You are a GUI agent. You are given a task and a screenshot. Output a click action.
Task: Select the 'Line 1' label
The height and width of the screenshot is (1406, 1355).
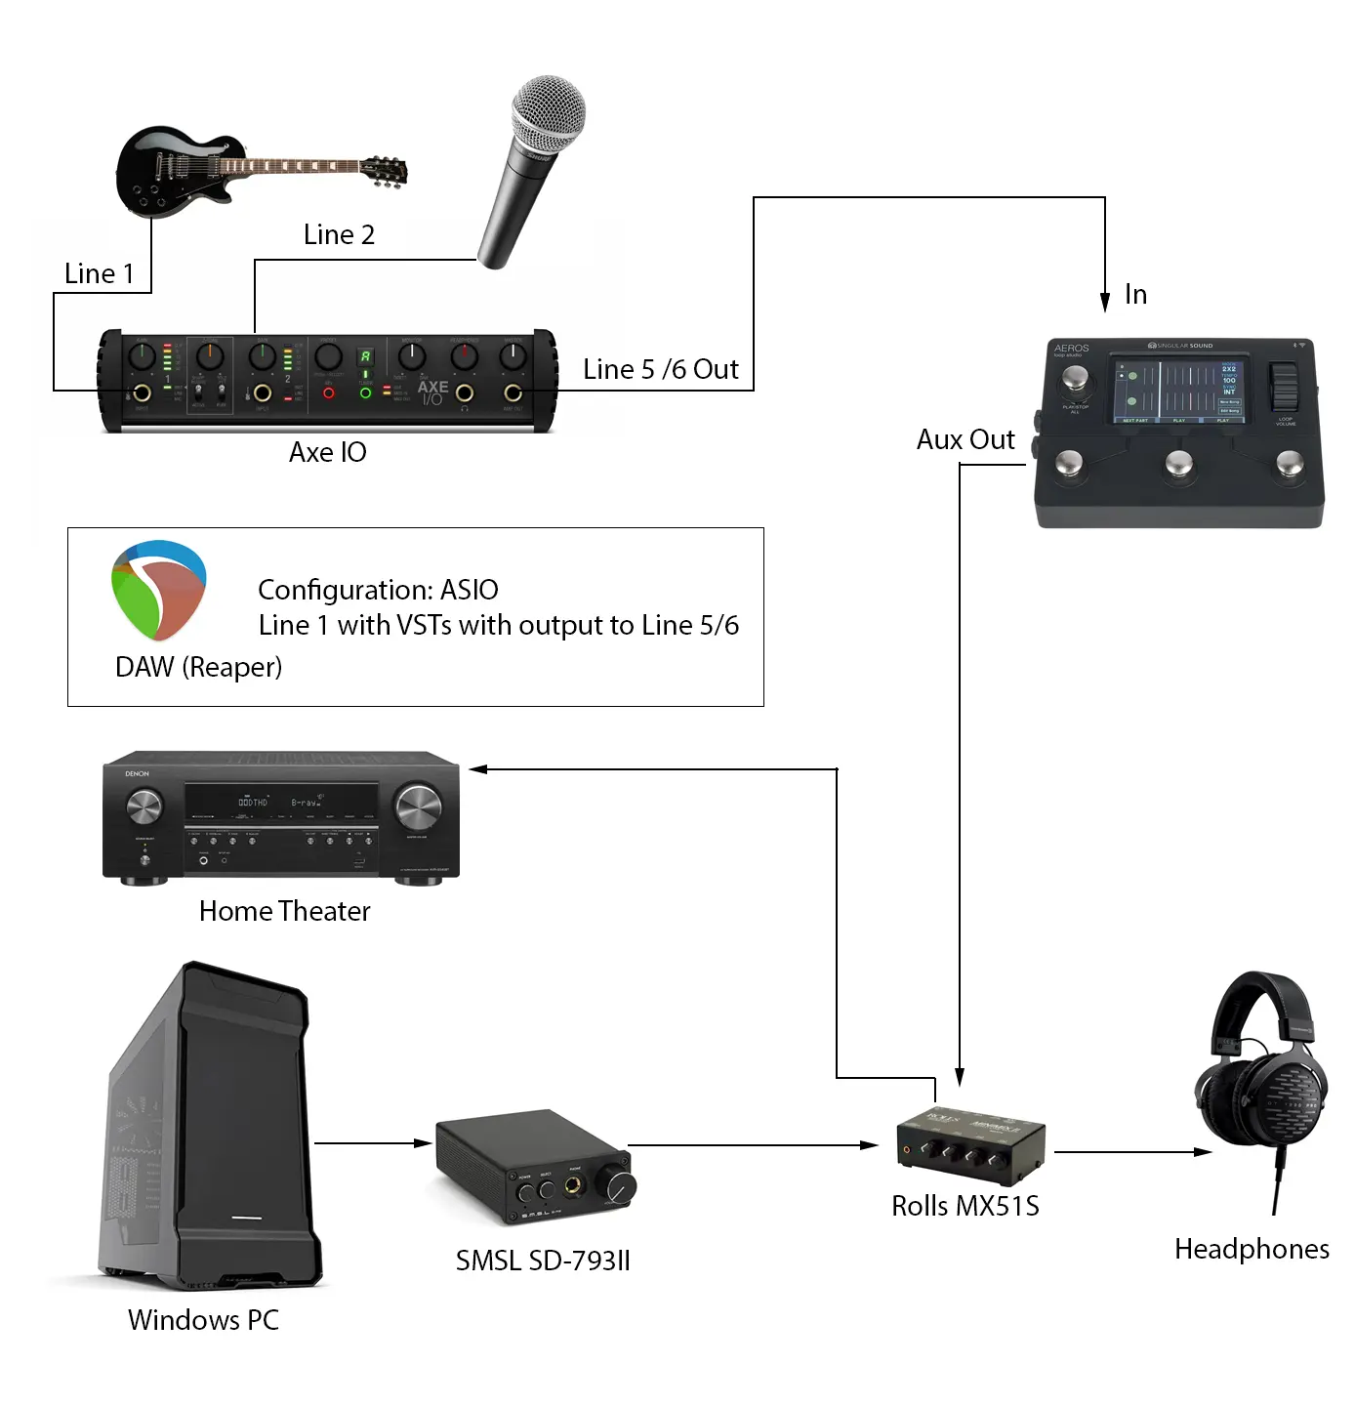point(99,274)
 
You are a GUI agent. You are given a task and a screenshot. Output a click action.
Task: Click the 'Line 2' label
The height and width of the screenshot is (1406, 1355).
point(339,235)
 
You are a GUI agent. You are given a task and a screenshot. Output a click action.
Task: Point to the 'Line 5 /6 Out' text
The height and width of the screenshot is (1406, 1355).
point(661,370)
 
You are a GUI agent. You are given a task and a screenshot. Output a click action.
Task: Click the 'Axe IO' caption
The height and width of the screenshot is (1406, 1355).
point(328,453)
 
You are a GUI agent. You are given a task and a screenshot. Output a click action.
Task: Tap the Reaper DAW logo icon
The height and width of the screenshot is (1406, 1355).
point(159,590)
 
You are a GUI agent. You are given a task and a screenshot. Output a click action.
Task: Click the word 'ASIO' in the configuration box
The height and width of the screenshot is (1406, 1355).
point(470,590)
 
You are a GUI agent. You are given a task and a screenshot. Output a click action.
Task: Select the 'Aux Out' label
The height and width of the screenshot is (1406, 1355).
point(965,440)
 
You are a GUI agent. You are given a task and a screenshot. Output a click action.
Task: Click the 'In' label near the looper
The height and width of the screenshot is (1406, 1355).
point(1135,295)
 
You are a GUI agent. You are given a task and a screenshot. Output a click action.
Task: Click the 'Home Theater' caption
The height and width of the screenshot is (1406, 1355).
point(285,912)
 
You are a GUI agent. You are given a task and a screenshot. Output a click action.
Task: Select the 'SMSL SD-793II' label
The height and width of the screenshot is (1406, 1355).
point(543,1261)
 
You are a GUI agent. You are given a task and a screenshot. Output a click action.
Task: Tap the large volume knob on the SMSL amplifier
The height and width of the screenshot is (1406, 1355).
point(620,1187)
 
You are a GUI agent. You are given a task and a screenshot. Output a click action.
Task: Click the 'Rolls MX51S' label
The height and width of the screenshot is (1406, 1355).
point(965,1207)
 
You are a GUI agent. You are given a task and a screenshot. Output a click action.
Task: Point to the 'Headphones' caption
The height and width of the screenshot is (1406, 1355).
point(1252,1250)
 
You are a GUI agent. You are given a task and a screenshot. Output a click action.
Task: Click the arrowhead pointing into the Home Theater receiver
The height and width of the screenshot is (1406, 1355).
point(477,769)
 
